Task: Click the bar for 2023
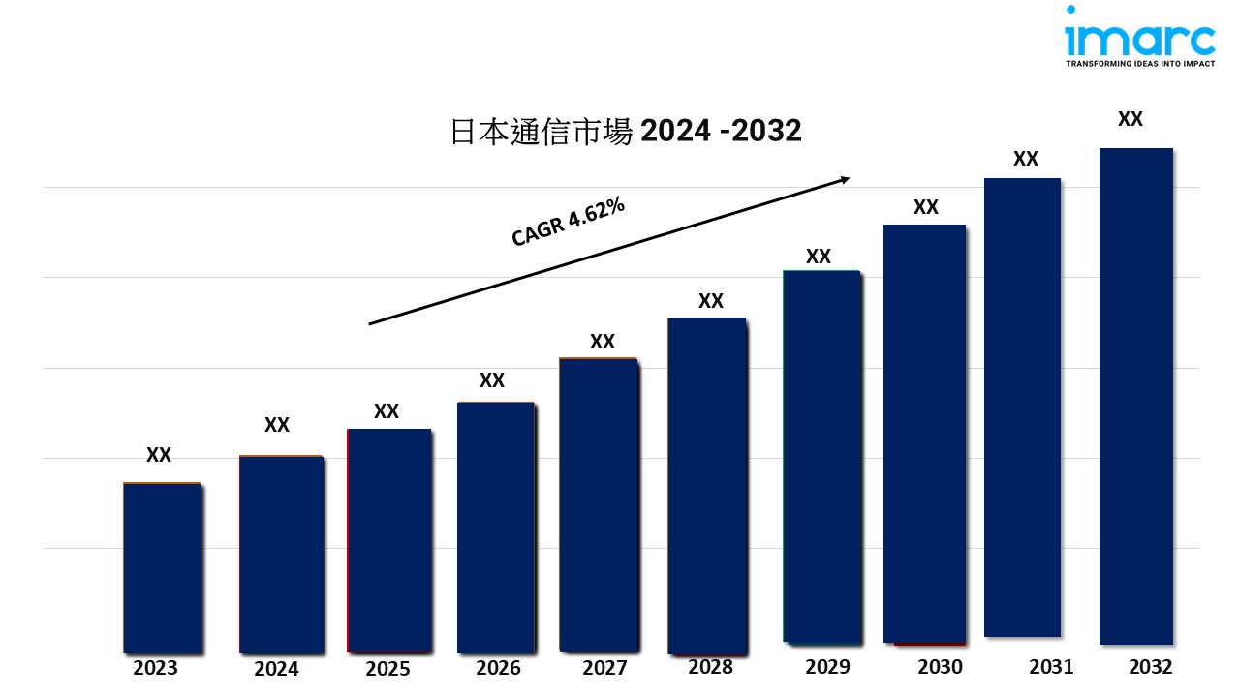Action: pyautogui.click(x=162, y=567)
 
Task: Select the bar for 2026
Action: pyautogui.click(x=495, y=527)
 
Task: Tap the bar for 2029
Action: pyautogui.click(x=821, y=457)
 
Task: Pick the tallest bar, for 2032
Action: pyautogui.click(x=1135, y=396)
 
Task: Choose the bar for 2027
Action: pyautogui.click(x=598, y=504)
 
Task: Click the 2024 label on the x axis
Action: pyautogui.click(x=276, y=669)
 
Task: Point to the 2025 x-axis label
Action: pyautogui.click(x=387, y=669)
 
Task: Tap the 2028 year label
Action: pyautogui.click(x=710, y=667)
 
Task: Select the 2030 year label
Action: pyautogui.click(x=939, y=667)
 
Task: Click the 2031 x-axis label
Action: pyautogui.click(x=1050, y=667)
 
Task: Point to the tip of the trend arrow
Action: pyautogui.click(x=849, y=178)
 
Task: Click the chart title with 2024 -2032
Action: pyautogui.click(x=626, y=132)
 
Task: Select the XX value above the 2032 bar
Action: pyautogui.click(x=1130, y=119)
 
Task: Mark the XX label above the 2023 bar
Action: pyautogui.click(x=158, y=455)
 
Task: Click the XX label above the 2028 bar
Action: pyautogui.click(x=710, y=301)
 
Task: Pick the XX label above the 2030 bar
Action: pyautogui.click(x=925, y=207)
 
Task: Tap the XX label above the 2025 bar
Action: pyautogui.click(x=386, y=411)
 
